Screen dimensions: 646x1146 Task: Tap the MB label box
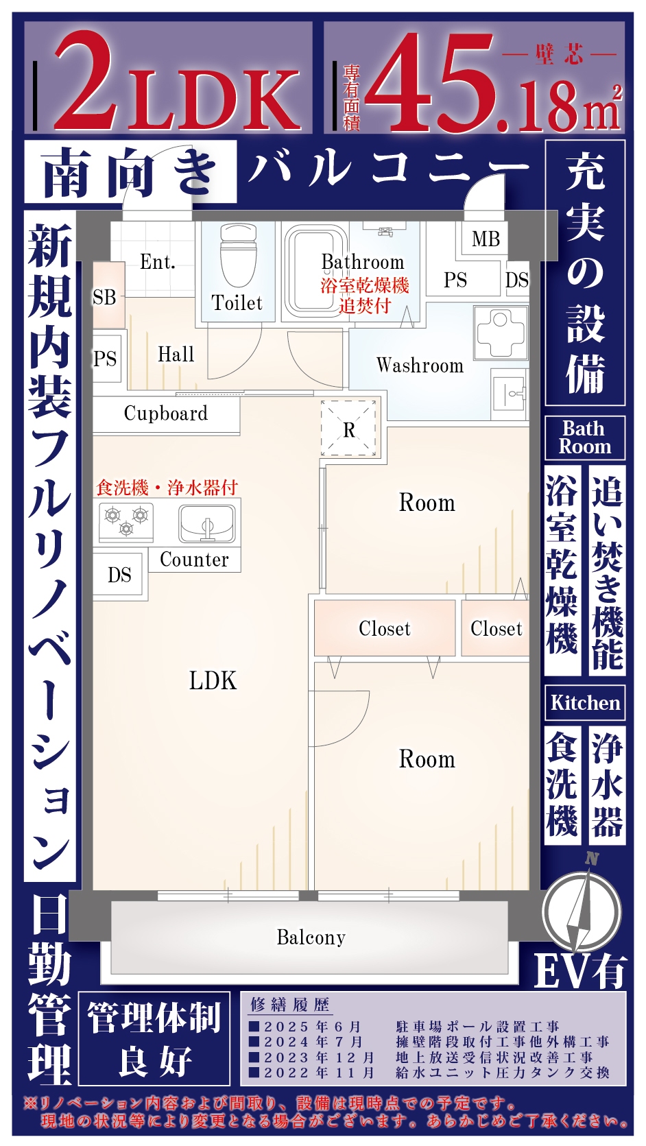[x=486, y=239]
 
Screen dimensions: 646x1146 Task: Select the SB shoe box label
[x=104, y=297]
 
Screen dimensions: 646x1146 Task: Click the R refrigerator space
[x=348, y=429]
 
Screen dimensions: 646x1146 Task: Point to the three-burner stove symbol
[x=126, y=521]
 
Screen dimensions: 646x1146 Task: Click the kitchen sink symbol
[x=206, y=523]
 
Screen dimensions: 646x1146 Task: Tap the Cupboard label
[x=166, y=414]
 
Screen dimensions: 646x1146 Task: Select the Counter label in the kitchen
[x=194, y=559]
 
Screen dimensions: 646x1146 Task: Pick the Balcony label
[x=311, y=937]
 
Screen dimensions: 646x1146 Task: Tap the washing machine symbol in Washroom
[x=501, y=333]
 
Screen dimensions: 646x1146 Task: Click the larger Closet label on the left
[x=385, y=628]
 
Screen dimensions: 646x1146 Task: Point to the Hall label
[x=176, y=354]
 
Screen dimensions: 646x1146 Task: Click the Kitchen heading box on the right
[x=585, y=702]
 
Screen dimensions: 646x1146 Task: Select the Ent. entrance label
[x=158, y=262]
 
